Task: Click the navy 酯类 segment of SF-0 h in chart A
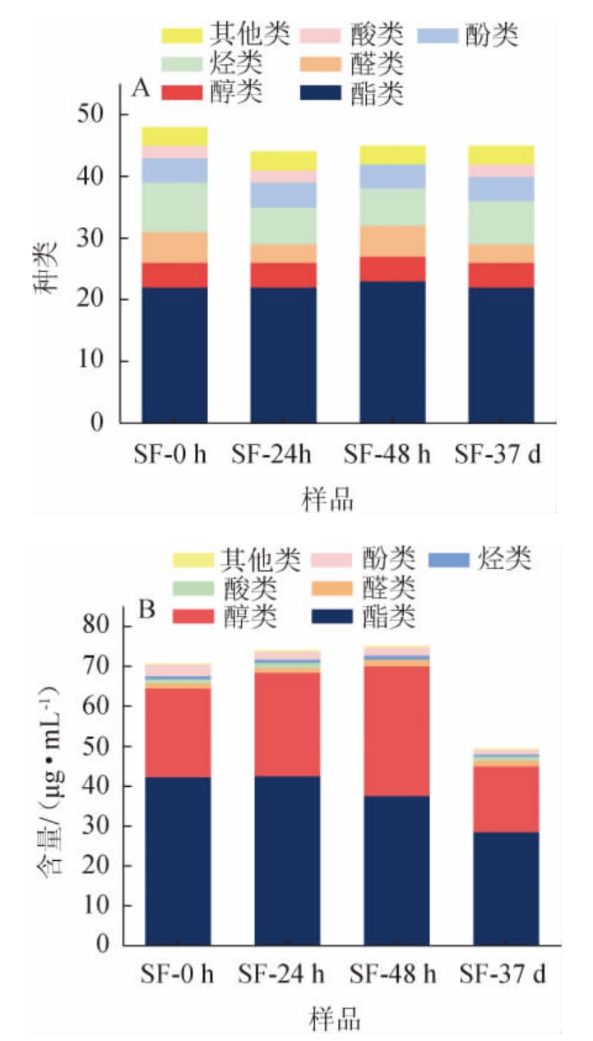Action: point(174,354)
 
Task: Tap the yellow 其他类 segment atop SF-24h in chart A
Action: point(284,160)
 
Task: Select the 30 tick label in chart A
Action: point(101,238)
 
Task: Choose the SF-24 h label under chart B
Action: point(284,976)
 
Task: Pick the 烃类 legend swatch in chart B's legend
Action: point(449,560)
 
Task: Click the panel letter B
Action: point(146,611)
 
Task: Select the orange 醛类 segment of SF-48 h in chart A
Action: point(393,241)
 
